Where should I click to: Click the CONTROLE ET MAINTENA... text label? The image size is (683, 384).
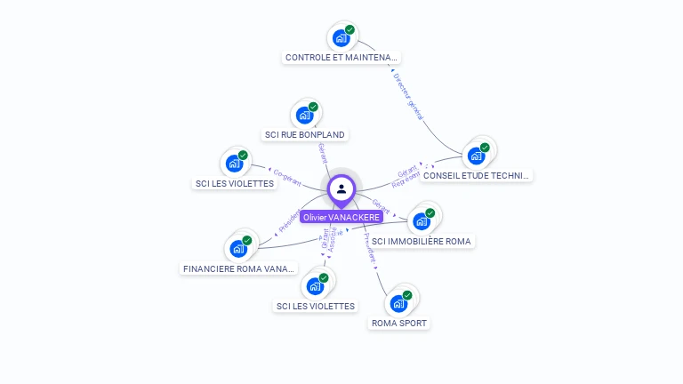point(341,58)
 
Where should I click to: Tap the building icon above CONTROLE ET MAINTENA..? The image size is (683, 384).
point(340,38)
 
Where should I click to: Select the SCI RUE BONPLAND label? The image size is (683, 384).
point(304,135)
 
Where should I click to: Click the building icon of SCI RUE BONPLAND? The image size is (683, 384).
point(304,115)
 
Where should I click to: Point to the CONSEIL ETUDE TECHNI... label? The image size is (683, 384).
point(477,176)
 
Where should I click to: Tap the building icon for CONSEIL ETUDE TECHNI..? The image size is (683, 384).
point(476,156)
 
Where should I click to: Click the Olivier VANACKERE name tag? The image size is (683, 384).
point(341,217)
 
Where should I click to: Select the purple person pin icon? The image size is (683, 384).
point(341,188)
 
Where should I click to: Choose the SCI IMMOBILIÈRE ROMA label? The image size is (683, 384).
point(422,241)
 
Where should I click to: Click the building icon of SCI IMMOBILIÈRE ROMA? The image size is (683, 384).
point(421,221)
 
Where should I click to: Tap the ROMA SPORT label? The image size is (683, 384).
point(399,323)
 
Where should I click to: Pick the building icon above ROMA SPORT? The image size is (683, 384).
point(398,303)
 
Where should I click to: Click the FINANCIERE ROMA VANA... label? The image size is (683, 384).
point(237,268)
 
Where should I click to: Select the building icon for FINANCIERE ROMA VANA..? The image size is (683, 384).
point(237,248)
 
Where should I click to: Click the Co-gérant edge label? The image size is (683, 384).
point(287,175)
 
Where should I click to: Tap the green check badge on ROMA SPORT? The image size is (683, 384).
point(407,295)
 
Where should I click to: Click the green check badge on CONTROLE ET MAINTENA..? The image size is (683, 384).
point(350,30)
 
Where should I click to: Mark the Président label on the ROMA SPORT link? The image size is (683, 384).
point(371,247)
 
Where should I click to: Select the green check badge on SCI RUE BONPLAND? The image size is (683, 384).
point(313,107)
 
